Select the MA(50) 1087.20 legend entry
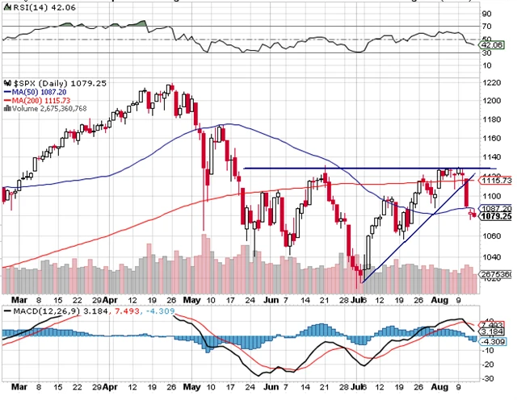click(44, 92)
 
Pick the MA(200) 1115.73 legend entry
click(47, 100)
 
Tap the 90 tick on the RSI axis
click(486, 14)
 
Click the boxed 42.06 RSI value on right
click(492, 45)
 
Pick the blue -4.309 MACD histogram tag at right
click(493, 341)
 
